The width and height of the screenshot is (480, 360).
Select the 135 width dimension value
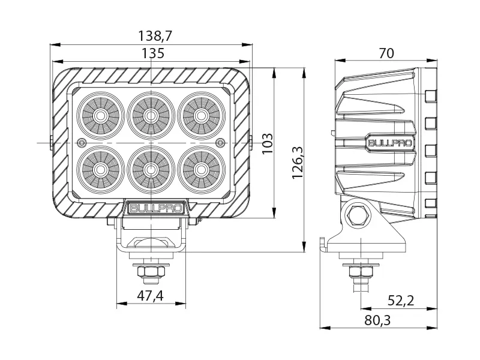(x=152, y=53)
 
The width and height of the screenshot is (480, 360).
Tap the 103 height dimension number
(x=268, y=143)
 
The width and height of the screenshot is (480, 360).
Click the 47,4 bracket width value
(x=151, y=295)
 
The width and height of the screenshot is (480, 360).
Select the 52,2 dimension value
(x=400, y=301)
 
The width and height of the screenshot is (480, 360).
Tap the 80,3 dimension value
(x=377, y=320)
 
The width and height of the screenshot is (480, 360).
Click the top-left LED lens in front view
(x=100, y=114)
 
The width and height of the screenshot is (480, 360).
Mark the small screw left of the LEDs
(x=82, y=142)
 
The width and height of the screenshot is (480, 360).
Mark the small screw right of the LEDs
(x=220, y=142)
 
